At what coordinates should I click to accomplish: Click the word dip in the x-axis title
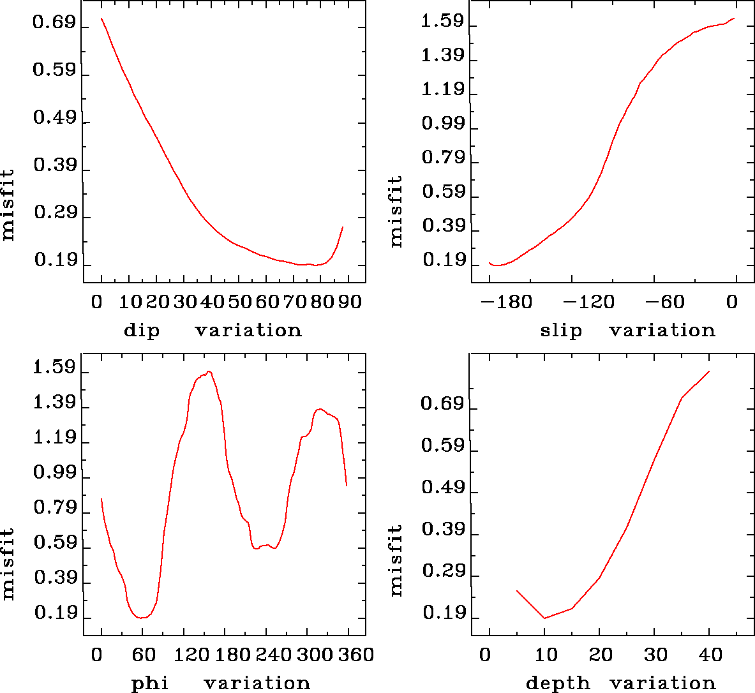pos(141,331)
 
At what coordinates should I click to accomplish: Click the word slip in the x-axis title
pos(561,331)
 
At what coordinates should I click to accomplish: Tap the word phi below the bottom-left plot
pos(149,683)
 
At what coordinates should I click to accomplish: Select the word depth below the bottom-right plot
pos(558,683)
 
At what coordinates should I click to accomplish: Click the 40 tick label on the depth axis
pos(710,655)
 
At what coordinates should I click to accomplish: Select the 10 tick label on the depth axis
pos(546,655)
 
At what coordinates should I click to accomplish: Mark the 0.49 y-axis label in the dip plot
pos(54,118)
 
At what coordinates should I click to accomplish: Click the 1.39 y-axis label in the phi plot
pos(54,403)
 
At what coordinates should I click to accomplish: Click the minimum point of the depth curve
pos(544,618)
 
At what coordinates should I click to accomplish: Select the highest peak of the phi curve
pos(209,371)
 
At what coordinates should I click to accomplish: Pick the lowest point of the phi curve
pos(142,618)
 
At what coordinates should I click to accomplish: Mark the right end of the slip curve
pos(735,19)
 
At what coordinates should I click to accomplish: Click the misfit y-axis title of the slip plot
pos(396,211)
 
